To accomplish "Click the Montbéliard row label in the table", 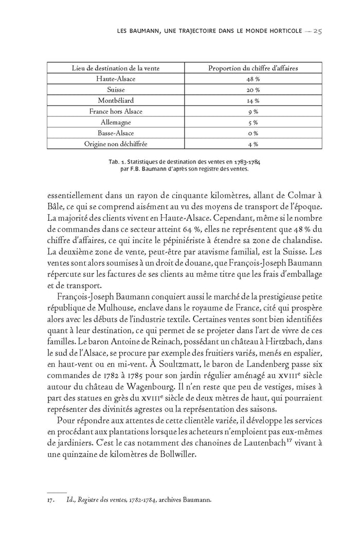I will (x=116, y=100).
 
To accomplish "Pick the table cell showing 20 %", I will (x=253, y=90).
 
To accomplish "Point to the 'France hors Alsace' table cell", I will (x=116, y=111).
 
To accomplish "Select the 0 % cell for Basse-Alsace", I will (x=253, y=133).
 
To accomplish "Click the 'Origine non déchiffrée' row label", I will (x=116, y=144).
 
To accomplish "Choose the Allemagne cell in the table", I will (x=116, y=122).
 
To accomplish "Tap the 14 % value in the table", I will (x=253, y=100).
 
